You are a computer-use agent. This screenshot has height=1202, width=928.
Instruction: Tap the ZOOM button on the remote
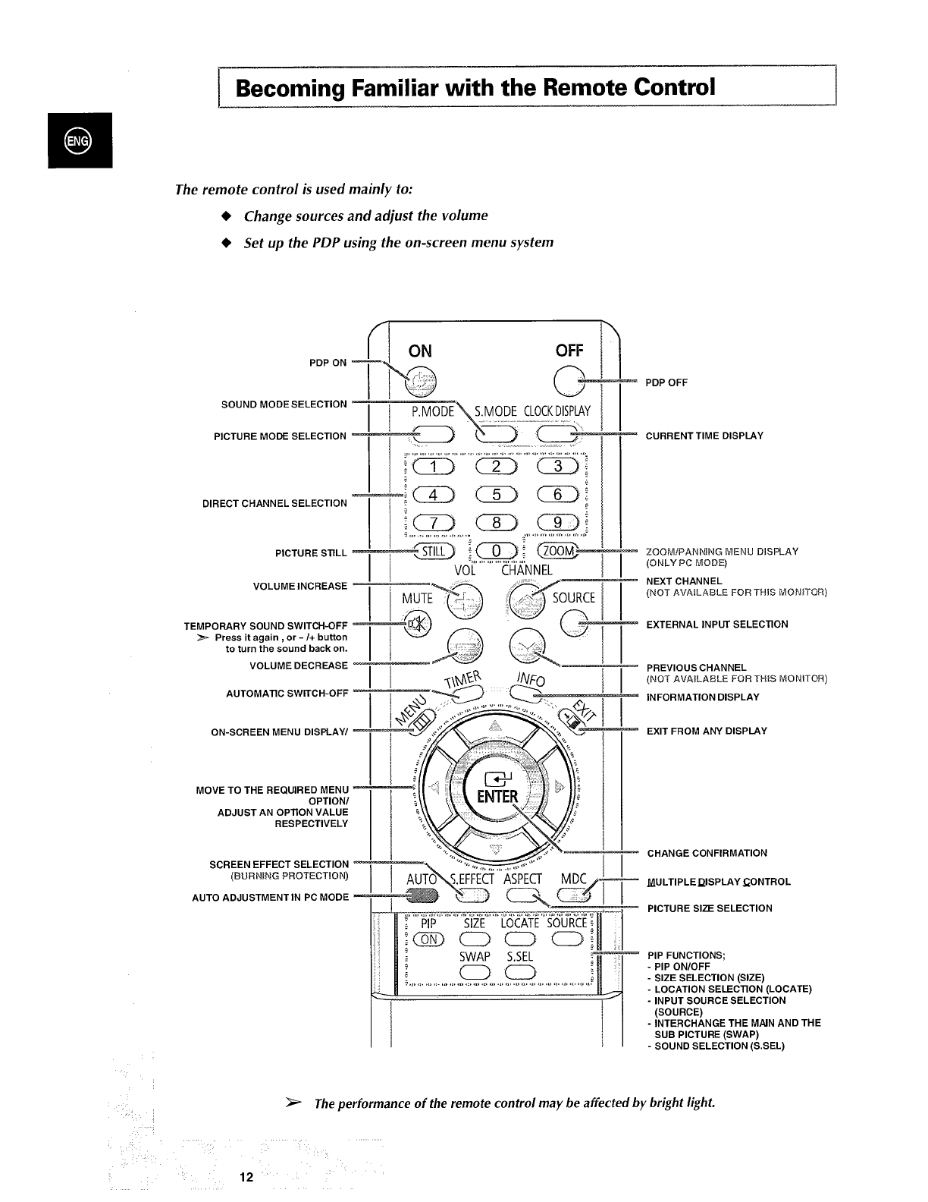tap(558, 552)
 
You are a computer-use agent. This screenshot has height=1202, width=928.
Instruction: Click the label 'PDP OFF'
tap(666, 382)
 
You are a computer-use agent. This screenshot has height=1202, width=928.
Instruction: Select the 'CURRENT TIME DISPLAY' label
tap(704, 436)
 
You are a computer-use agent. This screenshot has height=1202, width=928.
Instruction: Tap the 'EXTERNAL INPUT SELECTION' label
tap(716, 624)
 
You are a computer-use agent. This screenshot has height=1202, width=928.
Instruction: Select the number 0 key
tap(496, 552)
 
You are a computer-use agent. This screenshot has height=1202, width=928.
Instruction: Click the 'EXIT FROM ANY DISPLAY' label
tap(707, 731)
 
